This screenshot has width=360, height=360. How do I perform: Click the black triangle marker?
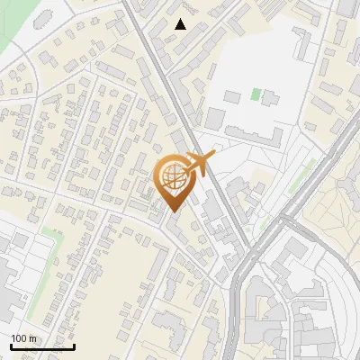click(x=181, y=24)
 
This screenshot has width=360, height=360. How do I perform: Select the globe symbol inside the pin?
click(x=175, y=177)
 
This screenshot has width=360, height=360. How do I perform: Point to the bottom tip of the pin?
click(x=175, y=211)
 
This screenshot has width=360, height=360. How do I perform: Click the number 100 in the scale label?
click(x=19, y=338)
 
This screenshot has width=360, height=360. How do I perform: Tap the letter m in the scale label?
click(x=32, y=338)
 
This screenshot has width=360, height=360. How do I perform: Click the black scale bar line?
click(x=41, y=346)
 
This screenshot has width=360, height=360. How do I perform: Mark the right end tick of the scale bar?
click(x=74, y=345)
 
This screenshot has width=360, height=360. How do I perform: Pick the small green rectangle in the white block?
click(x=256, y=94)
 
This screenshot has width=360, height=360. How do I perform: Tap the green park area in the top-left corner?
click(x=18, y=27)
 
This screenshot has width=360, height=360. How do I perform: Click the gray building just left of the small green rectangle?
click(x=233, y=95)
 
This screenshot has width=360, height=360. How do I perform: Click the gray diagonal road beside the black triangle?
click(x=157, y=54)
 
